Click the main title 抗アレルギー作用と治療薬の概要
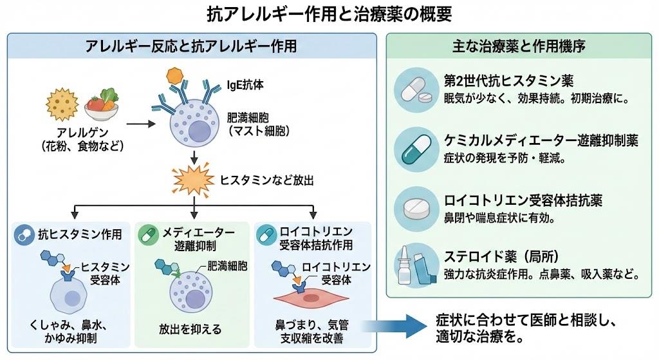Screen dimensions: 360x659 pos(329,14)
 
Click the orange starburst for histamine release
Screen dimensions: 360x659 pos(192,182)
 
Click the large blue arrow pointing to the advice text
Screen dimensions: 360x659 pos(395,328)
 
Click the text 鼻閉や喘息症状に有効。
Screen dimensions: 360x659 pos(499,218)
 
